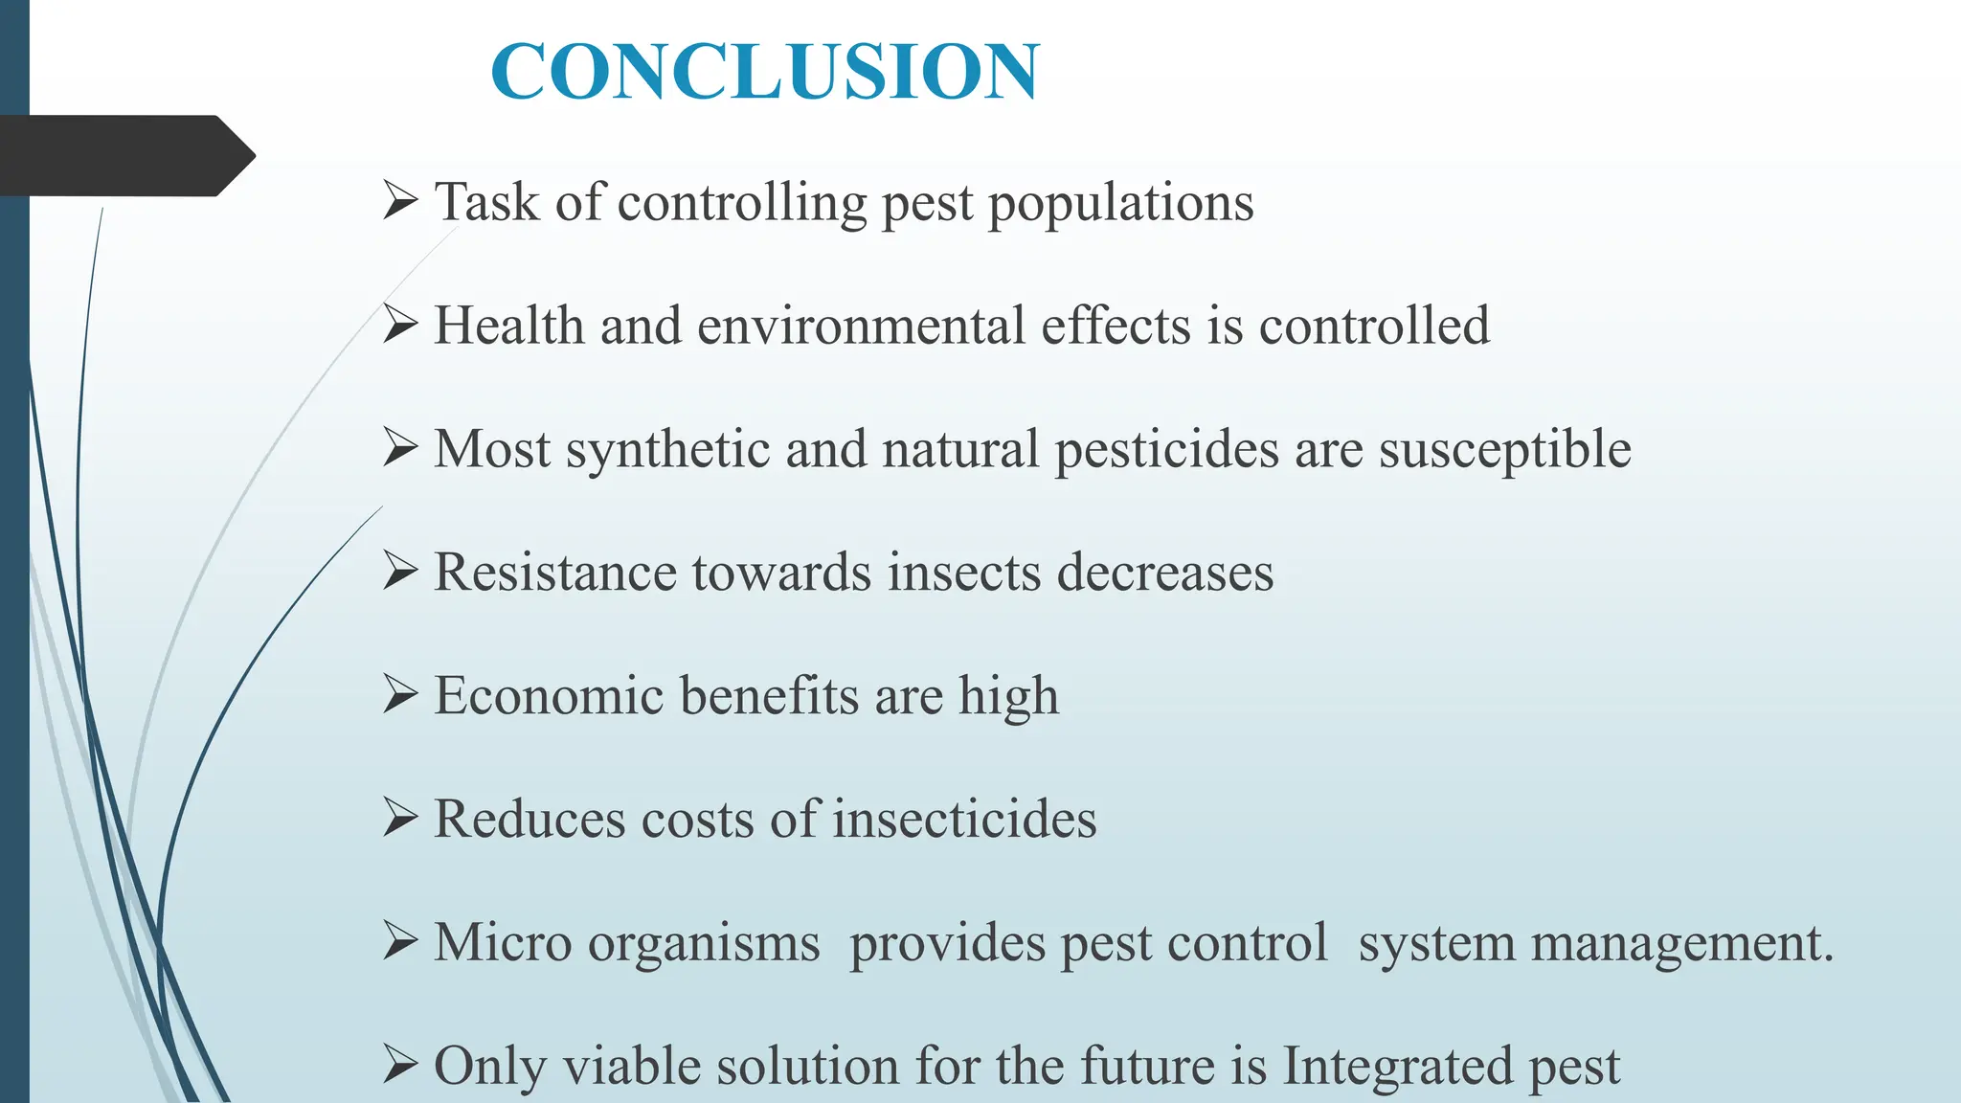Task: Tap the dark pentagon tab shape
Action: [124, 156]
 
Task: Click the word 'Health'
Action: [508, 326]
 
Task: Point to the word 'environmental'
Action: [861, 326]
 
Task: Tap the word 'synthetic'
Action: [667, 449]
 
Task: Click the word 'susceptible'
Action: [1504, 449]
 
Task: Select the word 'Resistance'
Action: [554, 573]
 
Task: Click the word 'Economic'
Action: [549, 696]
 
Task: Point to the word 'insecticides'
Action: [964, 820]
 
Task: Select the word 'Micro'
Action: [503, 942]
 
